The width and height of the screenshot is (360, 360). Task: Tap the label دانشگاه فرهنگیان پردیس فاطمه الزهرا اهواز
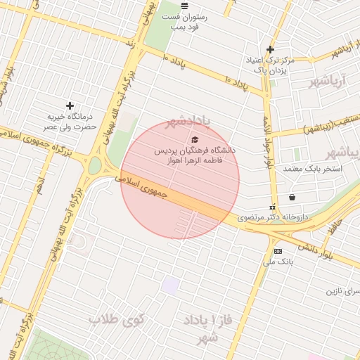195,155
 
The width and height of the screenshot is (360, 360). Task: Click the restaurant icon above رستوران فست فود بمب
184,6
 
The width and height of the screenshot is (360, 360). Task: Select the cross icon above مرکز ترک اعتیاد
269,49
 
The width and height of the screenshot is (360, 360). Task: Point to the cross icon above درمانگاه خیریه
69,105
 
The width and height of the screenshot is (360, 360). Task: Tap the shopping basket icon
292,197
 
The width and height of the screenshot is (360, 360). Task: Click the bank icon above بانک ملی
278,251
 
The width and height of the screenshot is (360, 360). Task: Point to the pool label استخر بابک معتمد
312,169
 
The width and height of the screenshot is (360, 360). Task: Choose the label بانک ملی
277,262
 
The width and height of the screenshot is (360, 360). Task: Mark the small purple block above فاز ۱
170,285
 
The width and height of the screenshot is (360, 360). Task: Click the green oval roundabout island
94,166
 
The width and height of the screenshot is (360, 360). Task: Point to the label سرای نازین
342,290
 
